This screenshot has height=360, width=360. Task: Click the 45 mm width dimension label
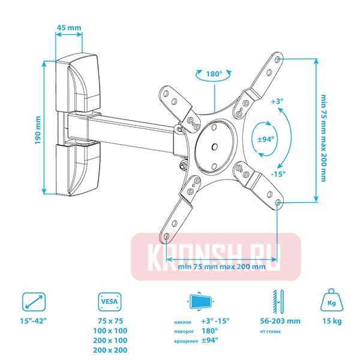[x=68, y=27]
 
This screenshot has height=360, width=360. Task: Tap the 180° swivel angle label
[x=214, y=74]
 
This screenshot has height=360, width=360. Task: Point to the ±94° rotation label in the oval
[x=265, y=139]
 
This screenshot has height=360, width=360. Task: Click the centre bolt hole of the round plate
[x=214, y=146]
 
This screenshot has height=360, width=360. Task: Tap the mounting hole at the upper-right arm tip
[x=277, y=59]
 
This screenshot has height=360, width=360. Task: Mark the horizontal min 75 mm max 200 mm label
[x=221, y=267]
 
